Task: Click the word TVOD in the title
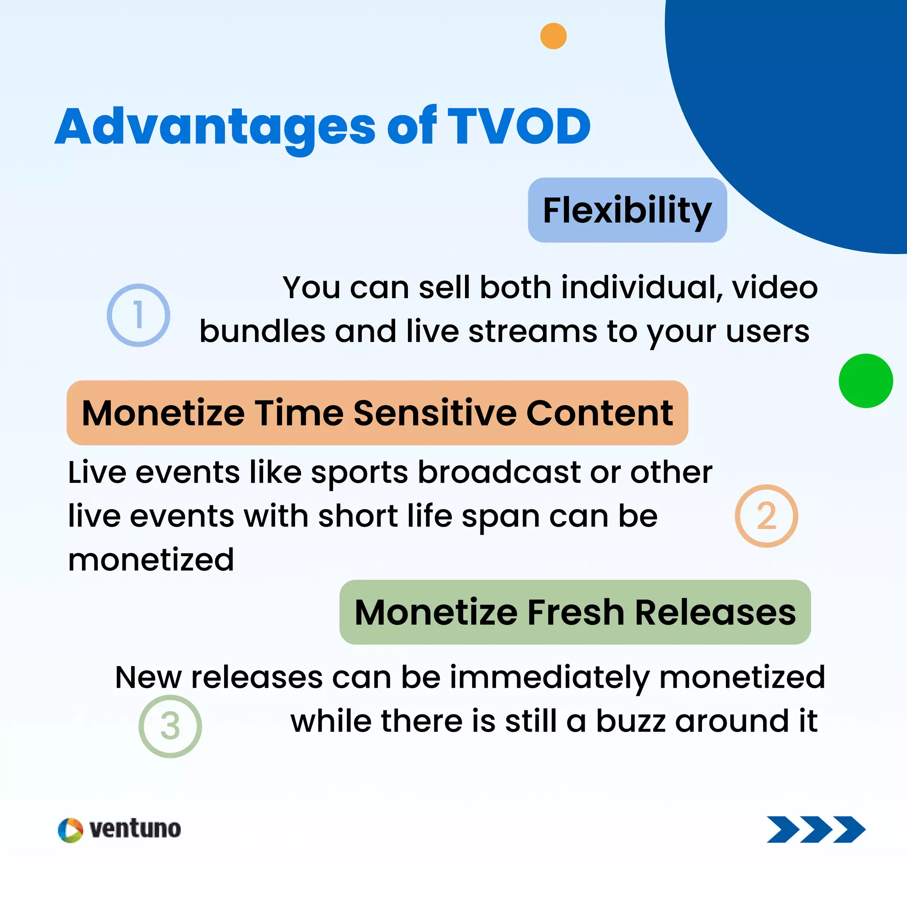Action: [x=518, y=126]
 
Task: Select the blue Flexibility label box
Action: [x=627, y=210]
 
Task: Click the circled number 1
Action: [x=139, y=315]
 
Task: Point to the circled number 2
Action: [x=766, y=516]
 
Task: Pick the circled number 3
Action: [x=170, y=726]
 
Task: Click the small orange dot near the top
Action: [x=553, y=36]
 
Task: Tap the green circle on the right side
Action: [x=865, y=380]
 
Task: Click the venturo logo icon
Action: [x=70, y=830]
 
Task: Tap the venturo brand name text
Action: [x=135, y=829]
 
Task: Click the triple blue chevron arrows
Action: [x=815, y=829]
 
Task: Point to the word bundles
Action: [x=262, y=331]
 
